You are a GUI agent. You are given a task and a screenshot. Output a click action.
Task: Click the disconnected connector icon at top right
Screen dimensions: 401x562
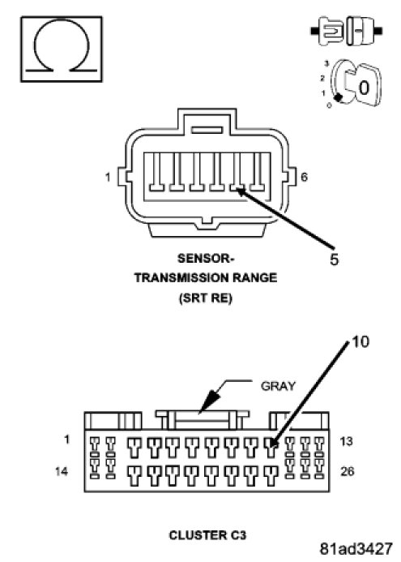point(346,31)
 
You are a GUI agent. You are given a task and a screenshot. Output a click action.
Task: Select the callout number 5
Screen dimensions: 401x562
point(334,260)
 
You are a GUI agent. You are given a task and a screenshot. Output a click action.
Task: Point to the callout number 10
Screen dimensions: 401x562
point(360,341)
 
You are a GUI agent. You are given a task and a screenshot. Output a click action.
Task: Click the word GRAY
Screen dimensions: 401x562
point(278,386)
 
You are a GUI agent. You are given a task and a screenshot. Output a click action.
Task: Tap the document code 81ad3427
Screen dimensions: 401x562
point(356,548)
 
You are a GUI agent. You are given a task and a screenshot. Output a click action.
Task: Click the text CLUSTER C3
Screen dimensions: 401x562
point(207,535)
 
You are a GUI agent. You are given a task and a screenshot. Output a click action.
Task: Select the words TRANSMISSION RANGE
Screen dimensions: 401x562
point(206,278)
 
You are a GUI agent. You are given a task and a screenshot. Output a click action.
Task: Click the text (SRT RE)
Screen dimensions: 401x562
point(205,298)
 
